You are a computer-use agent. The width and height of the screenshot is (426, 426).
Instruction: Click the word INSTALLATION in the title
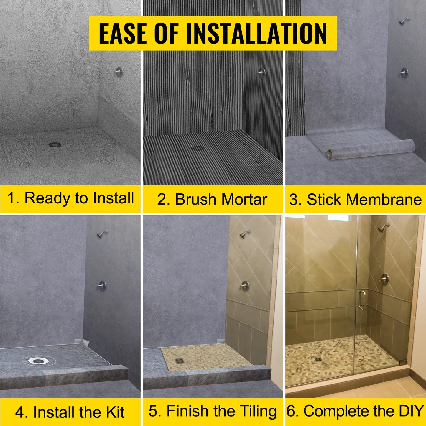256,33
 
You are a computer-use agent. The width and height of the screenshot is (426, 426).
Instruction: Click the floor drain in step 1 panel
55,145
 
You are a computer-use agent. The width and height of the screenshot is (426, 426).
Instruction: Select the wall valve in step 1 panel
119,72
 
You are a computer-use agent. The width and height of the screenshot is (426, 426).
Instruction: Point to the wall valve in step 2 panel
261,73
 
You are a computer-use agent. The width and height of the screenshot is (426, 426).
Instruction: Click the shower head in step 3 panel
404,21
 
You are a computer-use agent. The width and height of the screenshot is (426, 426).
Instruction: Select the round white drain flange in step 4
38,360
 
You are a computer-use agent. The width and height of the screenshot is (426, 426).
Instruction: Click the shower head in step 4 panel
102,234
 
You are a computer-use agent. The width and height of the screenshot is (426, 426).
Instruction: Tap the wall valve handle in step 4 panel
102,286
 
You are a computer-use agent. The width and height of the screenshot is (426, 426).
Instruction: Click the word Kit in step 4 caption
115,412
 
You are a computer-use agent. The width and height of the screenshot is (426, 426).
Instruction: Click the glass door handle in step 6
361,300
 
